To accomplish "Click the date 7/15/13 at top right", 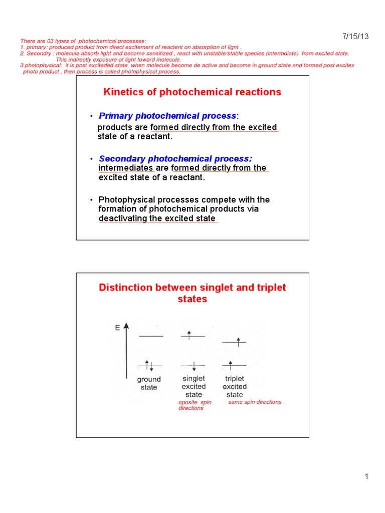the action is [x=356, y=36].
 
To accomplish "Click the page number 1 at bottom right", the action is [x=366, y=476].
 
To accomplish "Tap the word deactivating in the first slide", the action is [x=122, y=218].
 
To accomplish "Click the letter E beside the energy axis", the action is [x=117, y=328].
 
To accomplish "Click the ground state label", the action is [x=149, y=383].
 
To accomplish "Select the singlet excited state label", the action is [x=194, y=386].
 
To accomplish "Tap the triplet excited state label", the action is [x=235, y=386].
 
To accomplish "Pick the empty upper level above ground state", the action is [x=150, y=336].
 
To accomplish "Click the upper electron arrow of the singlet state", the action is [x=189, y=335].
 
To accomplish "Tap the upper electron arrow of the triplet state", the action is [x=238, y=341].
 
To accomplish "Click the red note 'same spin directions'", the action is [x=255, y=402].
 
